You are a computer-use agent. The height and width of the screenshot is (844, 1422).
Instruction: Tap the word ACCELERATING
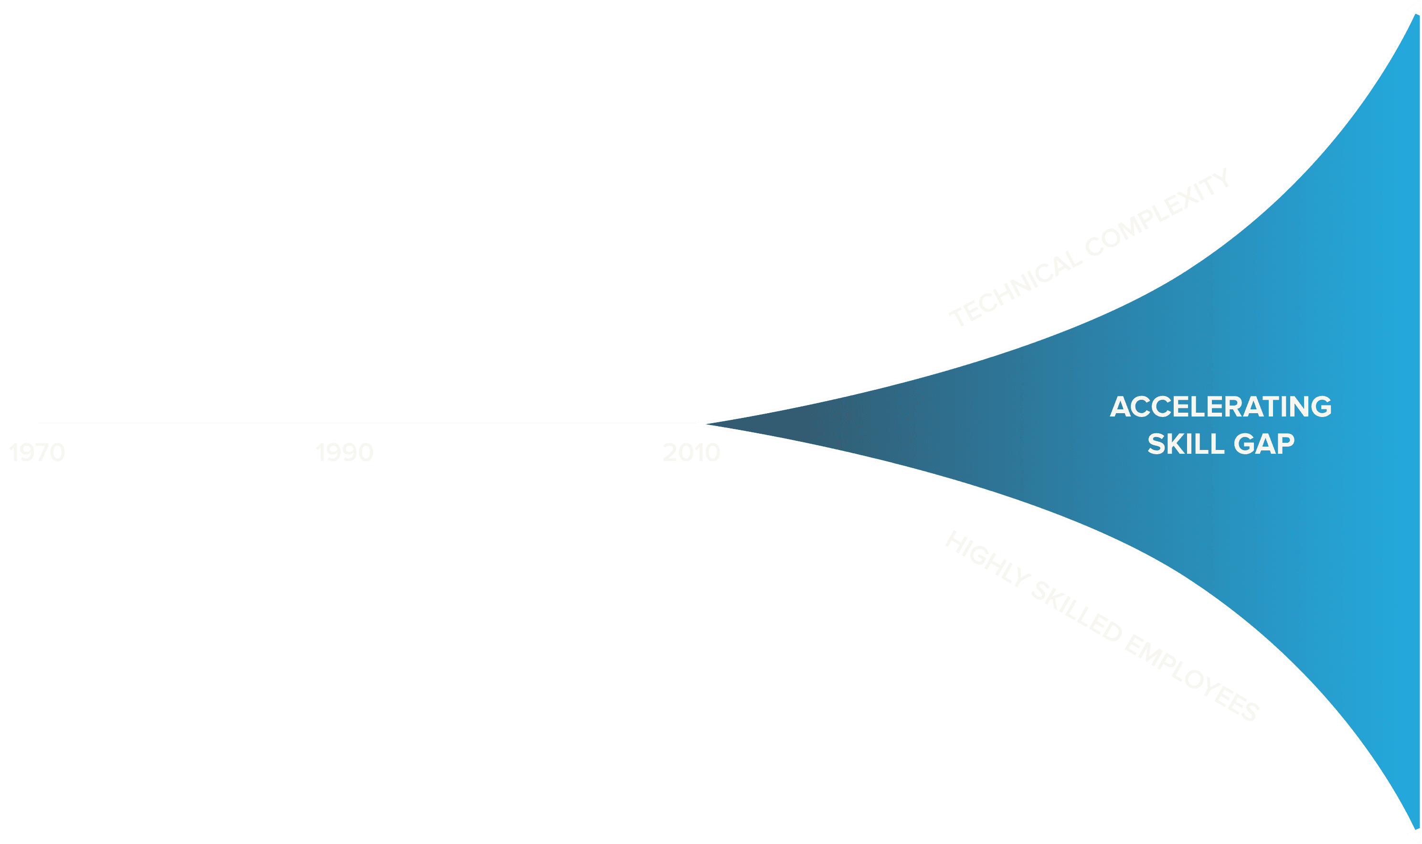coord(1220,407)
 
